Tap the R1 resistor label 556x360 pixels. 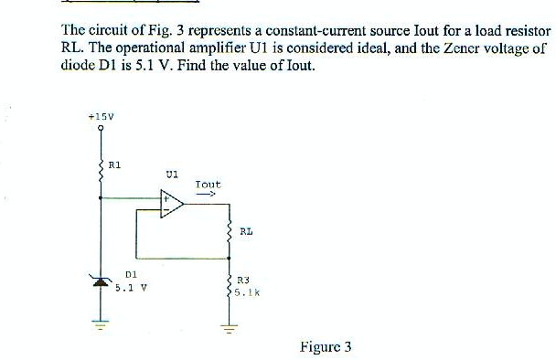(x=114, y=164)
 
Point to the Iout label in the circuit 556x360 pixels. (x=208, y=184)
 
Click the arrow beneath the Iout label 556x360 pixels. (x=208, y=194)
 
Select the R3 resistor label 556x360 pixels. (x=242, y=282)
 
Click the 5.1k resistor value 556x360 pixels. (x=246, y=293)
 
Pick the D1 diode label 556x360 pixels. (x=130, y=272)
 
